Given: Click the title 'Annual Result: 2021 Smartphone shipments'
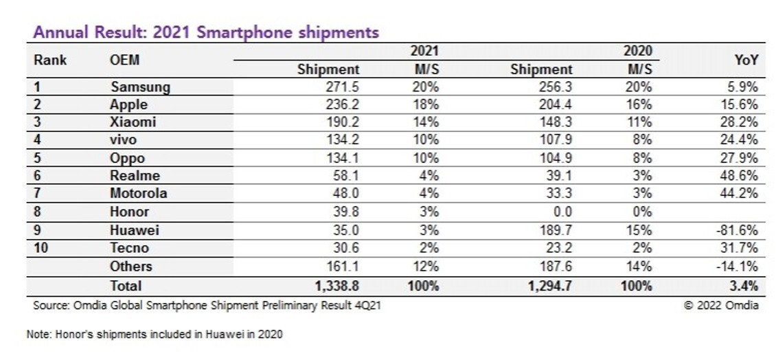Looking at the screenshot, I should pyautogui.click(x=206, y=32).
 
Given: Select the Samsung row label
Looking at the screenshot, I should pyautogui.click(x=140, y=87).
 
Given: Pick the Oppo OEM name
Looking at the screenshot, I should pyautogui.click(x=127, y=158).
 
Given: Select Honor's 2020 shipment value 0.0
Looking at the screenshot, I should pyautogui.click(x=560, y=212).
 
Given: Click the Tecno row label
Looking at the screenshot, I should pyautogui.click(x=129, y=248).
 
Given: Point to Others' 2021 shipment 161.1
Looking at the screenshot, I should pyautogui.click(x=343, y=266).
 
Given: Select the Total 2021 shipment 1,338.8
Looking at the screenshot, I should pyautogui.click(x=336, y=285).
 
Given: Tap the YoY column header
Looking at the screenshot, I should pyautogui.click(x=745, y=60).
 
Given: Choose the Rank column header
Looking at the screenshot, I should pyautogui.click(x=50, y=60).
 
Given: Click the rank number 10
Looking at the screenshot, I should pyautogui.click(x=41, y=248).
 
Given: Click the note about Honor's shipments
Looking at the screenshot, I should pyautogui.click(x=154, y=335).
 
